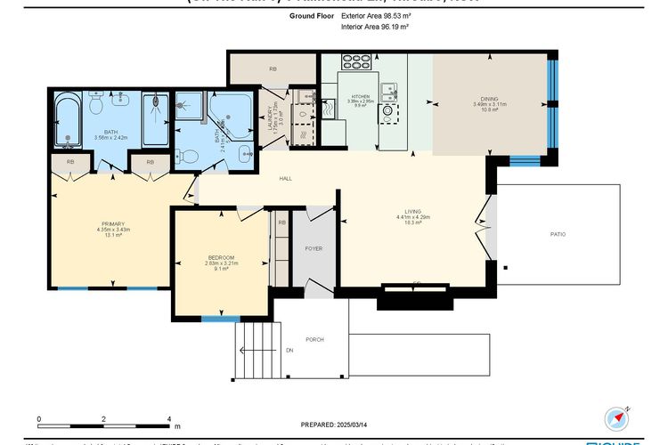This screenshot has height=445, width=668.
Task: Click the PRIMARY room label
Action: pyautogui.click(x=112, y=223)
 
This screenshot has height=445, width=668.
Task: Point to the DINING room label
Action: pyautogui.click(x=489, y=99)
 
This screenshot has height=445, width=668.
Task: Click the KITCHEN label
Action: pyautogui.click(x=360, y=94)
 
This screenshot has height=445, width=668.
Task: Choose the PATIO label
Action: pyautogui.click(x=558, y=234)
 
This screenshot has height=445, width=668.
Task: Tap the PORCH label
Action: pyautogui.click(x=314, y=339)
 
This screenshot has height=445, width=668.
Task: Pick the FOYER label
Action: pyautogui.click(x=314, y=248)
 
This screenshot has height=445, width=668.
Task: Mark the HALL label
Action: pyautogui.click(x=285, y=179)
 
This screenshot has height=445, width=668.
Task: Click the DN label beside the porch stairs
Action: pyautogui.click(x=289, y=351)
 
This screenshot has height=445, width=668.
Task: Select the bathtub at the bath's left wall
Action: pyautogui.click(x=69, y=121)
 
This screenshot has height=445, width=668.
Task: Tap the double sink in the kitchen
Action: pyautogui.click(x=388, y=89)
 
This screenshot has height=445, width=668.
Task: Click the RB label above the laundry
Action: pyautogui.click(x=273, y=69)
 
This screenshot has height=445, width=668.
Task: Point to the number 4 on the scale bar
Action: pyautogui.click(x=169, y=418)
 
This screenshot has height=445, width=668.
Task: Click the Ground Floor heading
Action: pyautogui.click(x=311, y=16)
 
